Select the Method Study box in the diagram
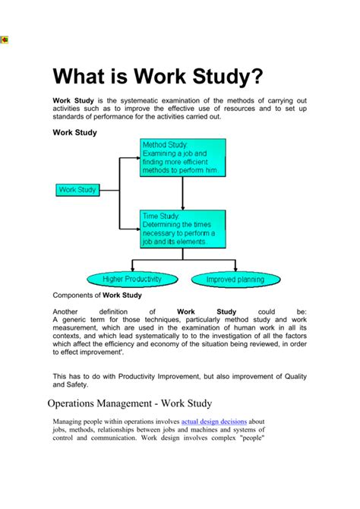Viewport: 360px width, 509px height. click(x=182, y=158)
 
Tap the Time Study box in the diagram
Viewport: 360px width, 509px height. click(x=182, y=229)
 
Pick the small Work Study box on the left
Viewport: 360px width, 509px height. click(x=77, y=189)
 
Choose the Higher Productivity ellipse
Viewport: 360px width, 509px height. click(x=133, y=279)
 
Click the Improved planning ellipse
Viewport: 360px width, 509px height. click(x=235, y=279)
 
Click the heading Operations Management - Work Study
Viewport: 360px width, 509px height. click(x=129, y=403)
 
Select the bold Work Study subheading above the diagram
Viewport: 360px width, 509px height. click(x=74, y=132)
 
